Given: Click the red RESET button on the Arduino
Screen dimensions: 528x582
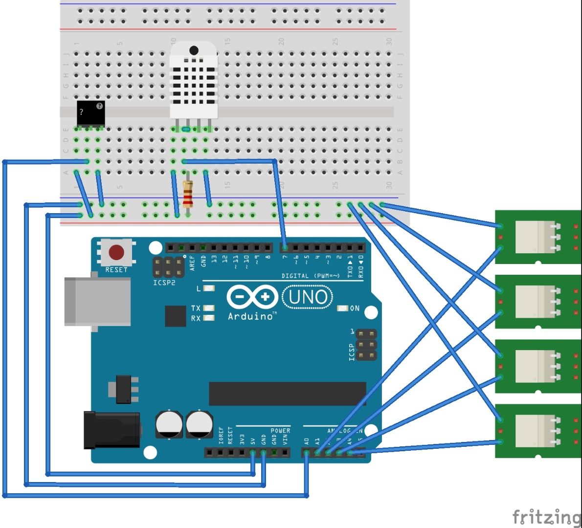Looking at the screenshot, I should click(116, 253).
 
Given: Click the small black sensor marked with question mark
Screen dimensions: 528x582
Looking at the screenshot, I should click(90, 113).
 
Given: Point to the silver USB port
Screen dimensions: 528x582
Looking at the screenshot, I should click(98, 301).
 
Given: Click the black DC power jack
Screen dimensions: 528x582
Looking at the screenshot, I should click(112, 430).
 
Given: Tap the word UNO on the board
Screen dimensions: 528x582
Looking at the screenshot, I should click(308, 297).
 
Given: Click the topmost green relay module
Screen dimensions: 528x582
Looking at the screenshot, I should click(538, 237).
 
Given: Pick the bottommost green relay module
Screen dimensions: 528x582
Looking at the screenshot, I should click(538, 431).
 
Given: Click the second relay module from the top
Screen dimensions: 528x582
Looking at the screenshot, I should click(538, 302).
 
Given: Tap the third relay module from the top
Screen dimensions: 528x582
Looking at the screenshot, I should click(538, 366).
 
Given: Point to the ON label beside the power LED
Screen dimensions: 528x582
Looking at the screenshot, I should click(355, 308).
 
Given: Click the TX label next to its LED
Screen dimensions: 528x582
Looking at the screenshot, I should click(196, 308).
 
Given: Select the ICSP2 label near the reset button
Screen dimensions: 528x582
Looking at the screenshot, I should click(164, 283).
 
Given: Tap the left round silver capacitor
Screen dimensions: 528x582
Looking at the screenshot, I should click(170, 424).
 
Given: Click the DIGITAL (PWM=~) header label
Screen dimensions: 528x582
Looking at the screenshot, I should click(310, 276).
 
